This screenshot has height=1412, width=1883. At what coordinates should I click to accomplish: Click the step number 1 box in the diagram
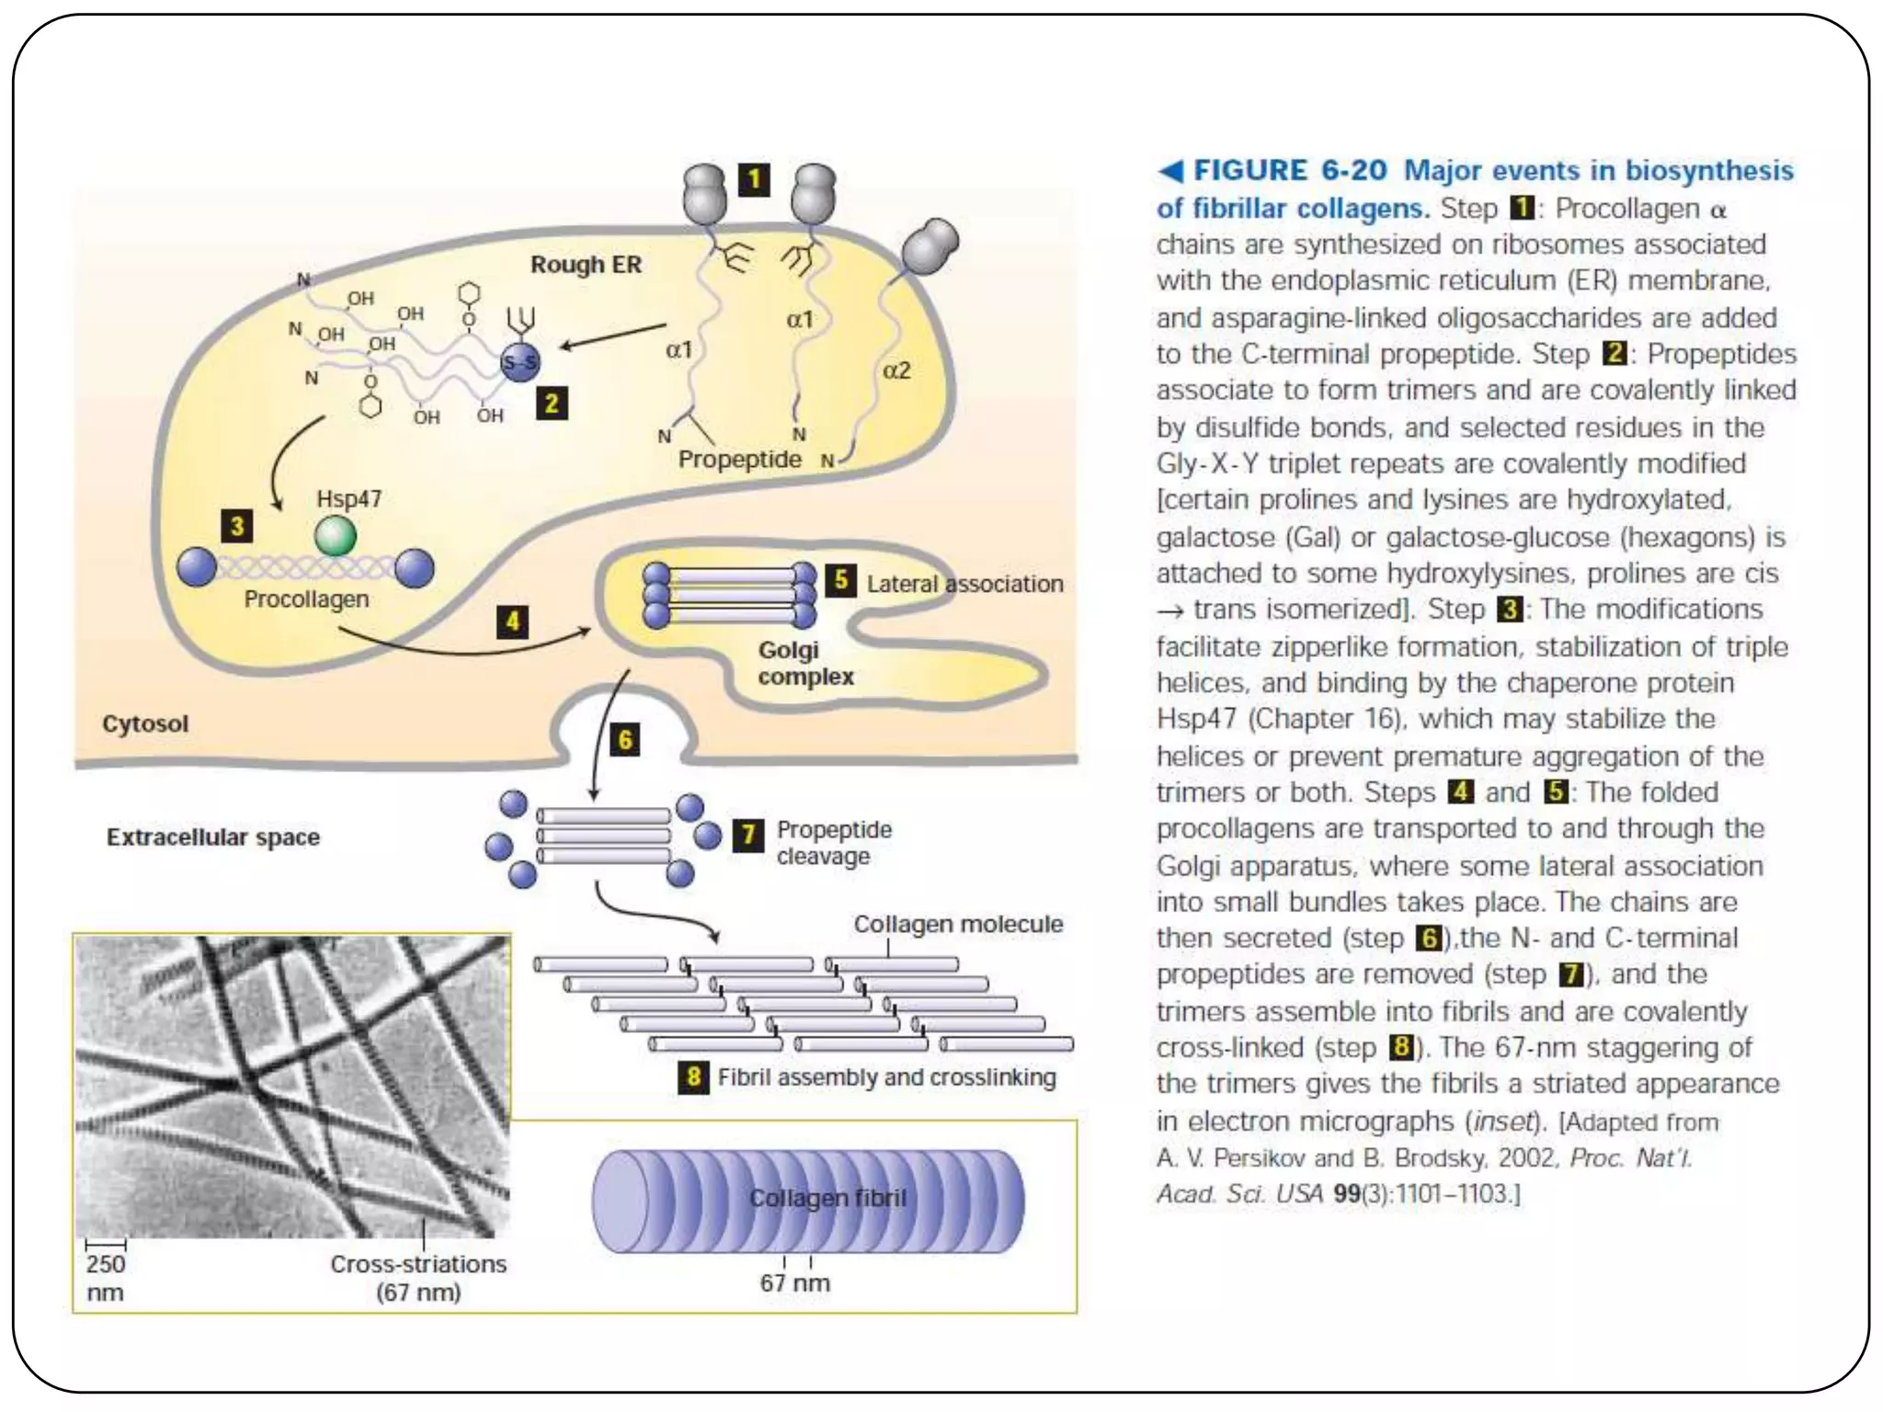coord(754,179)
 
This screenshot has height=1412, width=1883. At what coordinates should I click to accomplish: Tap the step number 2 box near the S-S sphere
coord(552,403)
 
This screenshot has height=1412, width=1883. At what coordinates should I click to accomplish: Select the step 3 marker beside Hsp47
coord(237,526)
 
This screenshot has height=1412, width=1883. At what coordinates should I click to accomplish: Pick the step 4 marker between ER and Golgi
coord(512,621)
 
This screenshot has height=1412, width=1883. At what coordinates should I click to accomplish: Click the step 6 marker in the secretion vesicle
coord(625,740)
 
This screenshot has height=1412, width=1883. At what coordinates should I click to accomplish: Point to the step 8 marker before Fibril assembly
coord(693,1076)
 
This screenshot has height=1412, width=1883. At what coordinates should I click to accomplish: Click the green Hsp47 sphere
coord(336,536)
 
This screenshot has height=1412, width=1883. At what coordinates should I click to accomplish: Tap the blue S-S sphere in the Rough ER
coord(519,363)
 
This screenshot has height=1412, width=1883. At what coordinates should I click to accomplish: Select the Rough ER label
coord(586,265)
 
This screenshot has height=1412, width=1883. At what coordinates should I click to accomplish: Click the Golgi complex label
coord(805,663)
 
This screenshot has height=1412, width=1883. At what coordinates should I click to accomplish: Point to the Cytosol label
coord(145,723)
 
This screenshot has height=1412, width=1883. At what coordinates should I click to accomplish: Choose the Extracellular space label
coord(213,837)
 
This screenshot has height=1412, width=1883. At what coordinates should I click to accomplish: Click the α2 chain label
coord(896,370)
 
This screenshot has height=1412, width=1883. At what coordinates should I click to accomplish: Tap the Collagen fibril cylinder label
coord(827,1198)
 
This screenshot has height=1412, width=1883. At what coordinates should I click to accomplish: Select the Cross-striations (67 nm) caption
coord(418,1278)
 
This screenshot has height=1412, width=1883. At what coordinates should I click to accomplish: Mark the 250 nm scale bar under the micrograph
coord(106,1245)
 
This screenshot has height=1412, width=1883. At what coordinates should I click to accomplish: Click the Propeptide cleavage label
coord(833,843)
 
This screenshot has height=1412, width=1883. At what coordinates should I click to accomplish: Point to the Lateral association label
coord(964,584)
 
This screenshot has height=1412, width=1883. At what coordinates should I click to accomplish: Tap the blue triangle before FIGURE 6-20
coord(1170,171)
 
